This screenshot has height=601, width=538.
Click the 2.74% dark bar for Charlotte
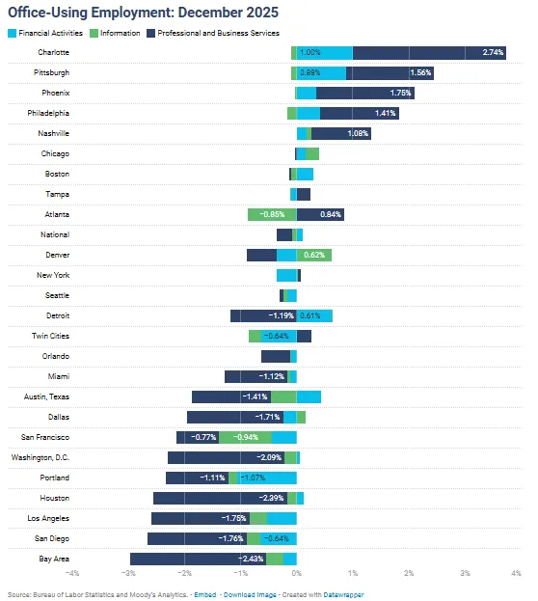[x=429, y=53]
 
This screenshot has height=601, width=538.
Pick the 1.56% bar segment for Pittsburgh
[x=390, y=73]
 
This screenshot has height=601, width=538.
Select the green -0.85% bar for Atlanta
[x=272, y=214]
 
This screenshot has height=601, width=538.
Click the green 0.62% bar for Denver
[x=315, y=255]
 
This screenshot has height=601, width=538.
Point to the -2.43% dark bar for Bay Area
[x=198, y=559]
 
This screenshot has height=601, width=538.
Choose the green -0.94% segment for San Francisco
[x=244, y=437]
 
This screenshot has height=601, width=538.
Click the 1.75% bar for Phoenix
[x=364, y=94]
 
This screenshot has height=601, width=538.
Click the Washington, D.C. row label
[x=40, y=457]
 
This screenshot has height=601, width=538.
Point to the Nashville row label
[x=53, y=133]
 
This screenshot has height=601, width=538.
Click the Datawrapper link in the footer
[x=343, y=595]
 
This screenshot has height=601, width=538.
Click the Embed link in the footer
[x=205, y=595]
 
